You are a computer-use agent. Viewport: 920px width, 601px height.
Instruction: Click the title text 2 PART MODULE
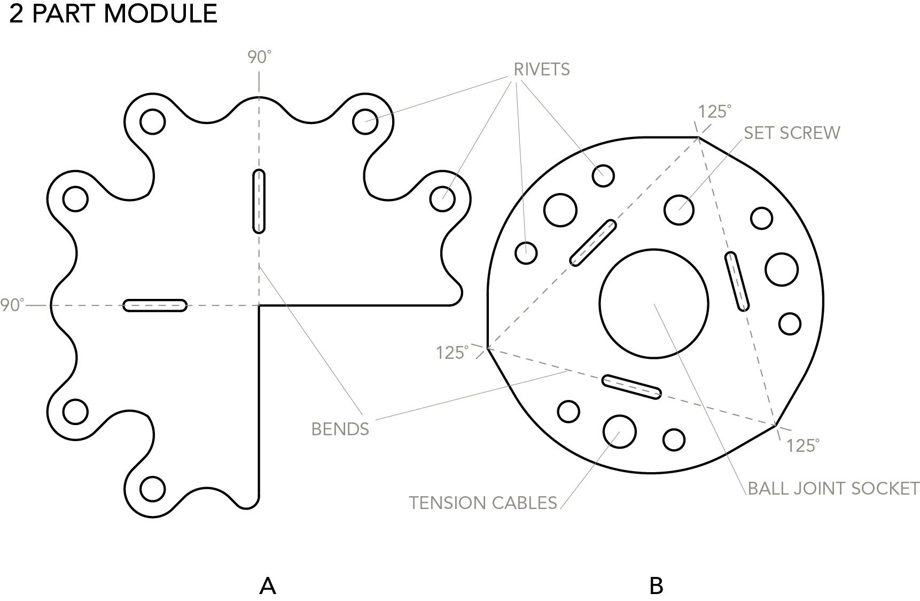click(113, 13)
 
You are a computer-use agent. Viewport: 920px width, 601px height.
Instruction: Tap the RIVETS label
click(541, 70)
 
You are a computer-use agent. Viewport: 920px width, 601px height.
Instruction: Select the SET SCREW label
click(791, 133)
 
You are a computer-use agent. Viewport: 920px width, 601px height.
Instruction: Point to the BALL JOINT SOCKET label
click(833, 488)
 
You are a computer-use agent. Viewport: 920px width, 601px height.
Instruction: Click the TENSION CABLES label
click(483, 503)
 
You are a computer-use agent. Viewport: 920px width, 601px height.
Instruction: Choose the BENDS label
click(340, 429)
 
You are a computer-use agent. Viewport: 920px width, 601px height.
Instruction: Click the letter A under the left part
click(268, 586)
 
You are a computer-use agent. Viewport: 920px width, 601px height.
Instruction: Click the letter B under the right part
click(656, 586)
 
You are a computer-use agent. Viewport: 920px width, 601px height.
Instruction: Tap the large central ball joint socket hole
click(653, 303)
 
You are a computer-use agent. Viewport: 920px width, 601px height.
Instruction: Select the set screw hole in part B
click(679, 209)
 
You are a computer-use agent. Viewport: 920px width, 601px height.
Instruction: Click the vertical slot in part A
click(259, 201)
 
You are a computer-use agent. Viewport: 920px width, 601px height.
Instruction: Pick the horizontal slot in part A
click(155, 305)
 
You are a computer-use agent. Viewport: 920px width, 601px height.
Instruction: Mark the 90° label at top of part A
click(259, 57)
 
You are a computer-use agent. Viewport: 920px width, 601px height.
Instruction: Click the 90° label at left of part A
click(12, 305)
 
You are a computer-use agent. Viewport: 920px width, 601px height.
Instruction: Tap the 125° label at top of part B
click(714, 111)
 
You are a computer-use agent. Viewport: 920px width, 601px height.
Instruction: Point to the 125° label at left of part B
click(452, 352)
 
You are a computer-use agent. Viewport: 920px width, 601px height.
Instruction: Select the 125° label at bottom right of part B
click(802, 445)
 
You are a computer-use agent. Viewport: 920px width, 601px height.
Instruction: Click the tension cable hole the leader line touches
click(619, 431)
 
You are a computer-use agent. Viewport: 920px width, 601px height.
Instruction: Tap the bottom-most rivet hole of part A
click(152, 489)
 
